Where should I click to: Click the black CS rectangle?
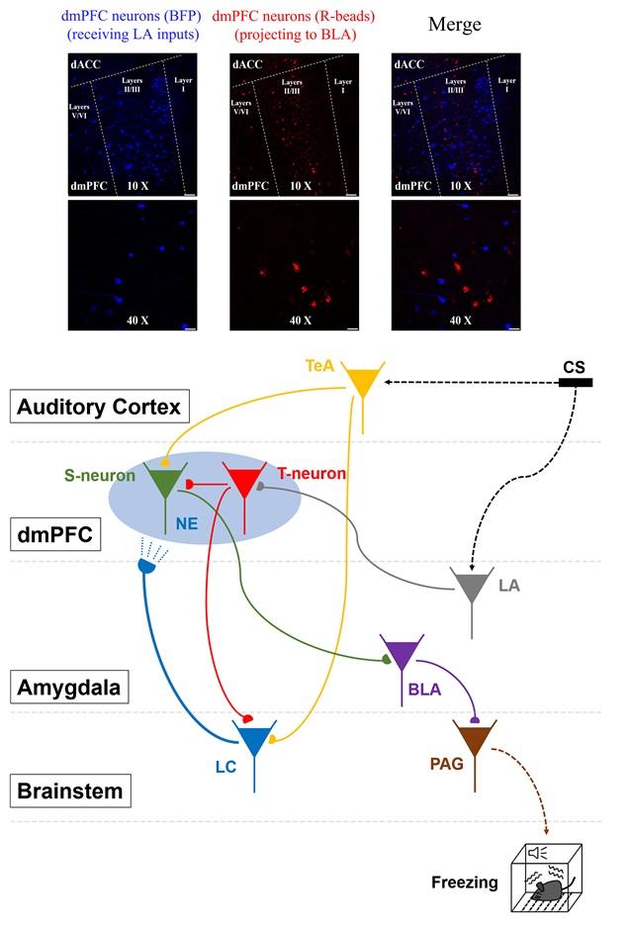(x=576, y=383)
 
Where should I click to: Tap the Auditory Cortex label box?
(x=100, y=407)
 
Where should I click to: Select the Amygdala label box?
(x=69, y=688)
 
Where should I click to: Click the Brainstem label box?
(x=70, y=790)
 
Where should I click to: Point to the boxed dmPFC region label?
(x=55, y=534)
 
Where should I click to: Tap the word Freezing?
(x=465, y=883)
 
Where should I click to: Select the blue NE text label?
(x=187, y=523)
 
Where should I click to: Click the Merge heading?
(x=455, y=25)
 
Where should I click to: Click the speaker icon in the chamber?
(x=537, y=853)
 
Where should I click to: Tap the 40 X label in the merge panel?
(x=460, y=321)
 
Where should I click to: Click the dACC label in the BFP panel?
(x=86, y=64)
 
